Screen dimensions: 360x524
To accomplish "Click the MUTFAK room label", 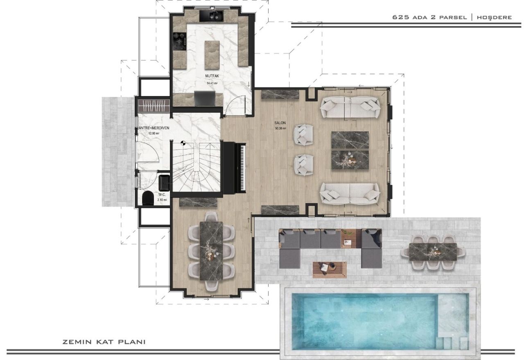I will tap(212, 76).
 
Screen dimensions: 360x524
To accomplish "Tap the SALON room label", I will tap(280, 123).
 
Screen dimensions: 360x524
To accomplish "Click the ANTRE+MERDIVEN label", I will tap(153, 128).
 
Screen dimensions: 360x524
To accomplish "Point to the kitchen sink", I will tap(211, 16).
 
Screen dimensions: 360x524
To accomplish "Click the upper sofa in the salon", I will tap(349, 107).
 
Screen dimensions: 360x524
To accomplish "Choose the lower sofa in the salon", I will tap(349, 193).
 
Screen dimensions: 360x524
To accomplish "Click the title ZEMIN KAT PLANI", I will tap(104, 342).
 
